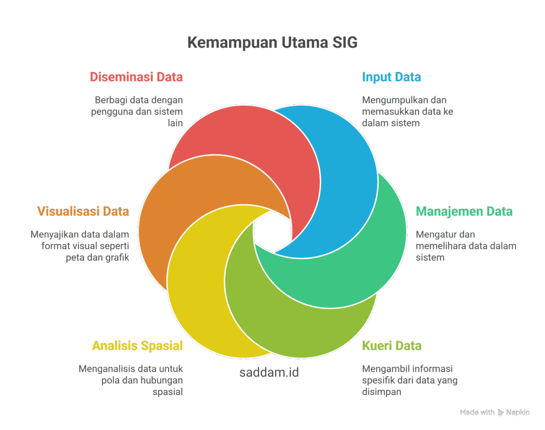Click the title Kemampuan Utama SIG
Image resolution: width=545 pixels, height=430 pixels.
pyautogui.click(x=272, y=43)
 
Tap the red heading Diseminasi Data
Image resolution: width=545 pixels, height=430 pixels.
pyautogui.click(x=136, y=77)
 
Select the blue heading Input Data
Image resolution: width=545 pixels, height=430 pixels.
pyautogui.click(x=391, y=77)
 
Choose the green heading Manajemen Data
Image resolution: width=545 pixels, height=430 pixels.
pyautogui.click(x=464, y=211)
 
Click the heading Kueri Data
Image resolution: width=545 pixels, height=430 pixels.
pyautogui.click(x=392, y=345)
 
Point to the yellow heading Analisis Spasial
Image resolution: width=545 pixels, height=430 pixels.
pyautogui.click(x=137, y=346)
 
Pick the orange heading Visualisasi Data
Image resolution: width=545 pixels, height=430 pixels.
pyautogui.click(x=83, y=211)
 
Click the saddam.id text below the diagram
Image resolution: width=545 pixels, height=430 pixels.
pyautogui.click(x=269, y=373)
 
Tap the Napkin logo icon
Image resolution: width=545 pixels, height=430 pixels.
pyautogui.click(x=500, y=412)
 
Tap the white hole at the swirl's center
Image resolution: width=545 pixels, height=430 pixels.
pyautogui.click(x=272, y=231)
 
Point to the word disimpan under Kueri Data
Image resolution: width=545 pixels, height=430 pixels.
pyautogui.click(x=382, y=392)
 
